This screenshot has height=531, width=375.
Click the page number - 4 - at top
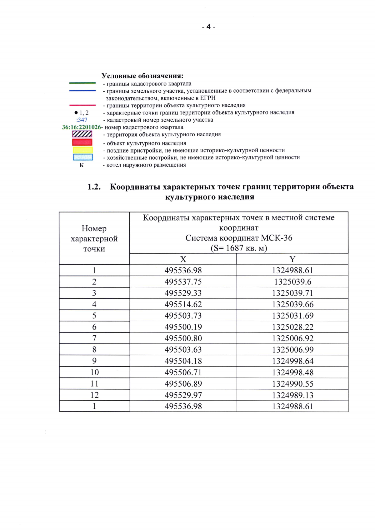(208, 27)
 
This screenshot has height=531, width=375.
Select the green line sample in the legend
(82, 83)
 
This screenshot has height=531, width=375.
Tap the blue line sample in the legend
(82, 90)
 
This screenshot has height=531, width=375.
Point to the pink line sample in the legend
(82, 105)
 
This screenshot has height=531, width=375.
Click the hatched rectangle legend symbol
(82, 134)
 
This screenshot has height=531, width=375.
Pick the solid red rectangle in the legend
(82, 142)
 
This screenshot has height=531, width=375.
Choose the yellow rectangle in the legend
(82, 150)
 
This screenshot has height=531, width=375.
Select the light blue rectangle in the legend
(83, 157)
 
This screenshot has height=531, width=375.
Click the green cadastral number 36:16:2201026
(82, 127)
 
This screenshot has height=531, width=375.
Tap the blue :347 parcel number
(82, 120)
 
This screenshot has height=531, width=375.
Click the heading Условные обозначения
(142, 76)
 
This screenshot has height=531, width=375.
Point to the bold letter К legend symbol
(82, 165)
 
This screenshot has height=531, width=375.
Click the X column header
(183, 259)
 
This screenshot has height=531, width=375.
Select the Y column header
(292, 259)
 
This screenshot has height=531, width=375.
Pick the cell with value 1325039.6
(292, 282)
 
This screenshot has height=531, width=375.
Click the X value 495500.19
(183, 327)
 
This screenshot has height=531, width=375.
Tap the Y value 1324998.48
(292, 373)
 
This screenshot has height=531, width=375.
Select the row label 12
(94, 395)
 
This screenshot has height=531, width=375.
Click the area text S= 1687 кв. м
(239, 248)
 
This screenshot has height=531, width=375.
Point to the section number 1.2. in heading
(94, 187)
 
